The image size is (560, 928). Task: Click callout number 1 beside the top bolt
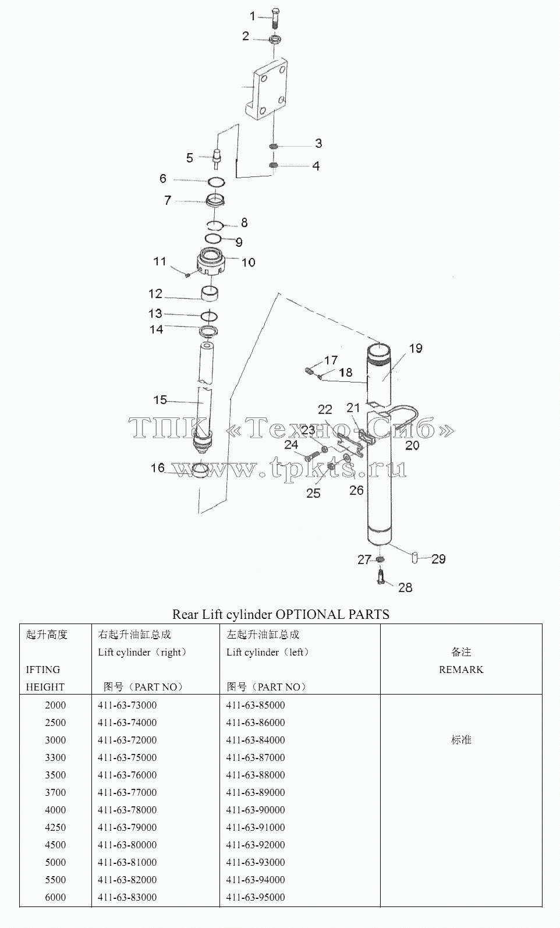point(252,16)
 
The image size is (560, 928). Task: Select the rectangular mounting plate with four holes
point(265,89)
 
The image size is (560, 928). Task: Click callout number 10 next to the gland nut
point(249,262)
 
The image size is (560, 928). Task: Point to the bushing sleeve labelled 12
point(210,293)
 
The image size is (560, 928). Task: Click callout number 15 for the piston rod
point(160,400)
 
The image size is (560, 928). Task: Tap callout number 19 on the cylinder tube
point(416,348)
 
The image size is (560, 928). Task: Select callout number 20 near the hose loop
point(412,445)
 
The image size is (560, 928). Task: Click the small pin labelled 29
point(415,558)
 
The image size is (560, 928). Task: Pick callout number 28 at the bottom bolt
point(405,587)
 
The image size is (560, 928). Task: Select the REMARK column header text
point(461,670)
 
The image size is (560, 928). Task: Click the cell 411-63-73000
point(127,705)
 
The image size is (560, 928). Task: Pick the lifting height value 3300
point(55,757)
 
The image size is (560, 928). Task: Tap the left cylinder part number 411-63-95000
point(256,897)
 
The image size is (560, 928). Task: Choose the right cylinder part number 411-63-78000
point(127,809)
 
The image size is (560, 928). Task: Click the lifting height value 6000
point(55,897)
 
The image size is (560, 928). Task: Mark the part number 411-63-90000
point(256,809)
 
